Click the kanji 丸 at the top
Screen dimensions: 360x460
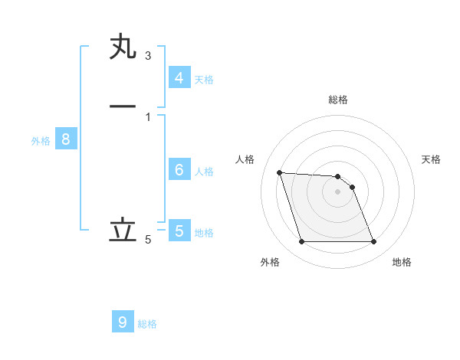point(123,47)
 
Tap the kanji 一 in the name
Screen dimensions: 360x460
point(123,106)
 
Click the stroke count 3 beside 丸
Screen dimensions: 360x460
point(148,56)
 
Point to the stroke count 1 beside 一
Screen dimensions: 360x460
point(148,116)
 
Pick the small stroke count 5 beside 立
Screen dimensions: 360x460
point(148,240)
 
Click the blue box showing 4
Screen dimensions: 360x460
point(179,78)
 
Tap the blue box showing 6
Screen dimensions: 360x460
point(179,170)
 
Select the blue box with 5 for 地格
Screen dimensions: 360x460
point(179,231)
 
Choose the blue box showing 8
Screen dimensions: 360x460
point(66,139)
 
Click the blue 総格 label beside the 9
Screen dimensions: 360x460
point(147,324)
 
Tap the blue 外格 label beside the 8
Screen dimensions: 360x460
point(41,141)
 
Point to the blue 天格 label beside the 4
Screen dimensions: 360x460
point(204,80)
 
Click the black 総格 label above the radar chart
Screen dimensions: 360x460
point(337,100)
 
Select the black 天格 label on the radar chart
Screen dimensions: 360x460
point(431,159)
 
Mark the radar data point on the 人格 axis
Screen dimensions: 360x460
point(280,173)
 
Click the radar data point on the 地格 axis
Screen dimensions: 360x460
point(373,242)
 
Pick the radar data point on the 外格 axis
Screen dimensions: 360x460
point(301,242)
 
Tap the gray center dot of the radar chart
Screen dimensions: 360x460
point(337,192)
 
